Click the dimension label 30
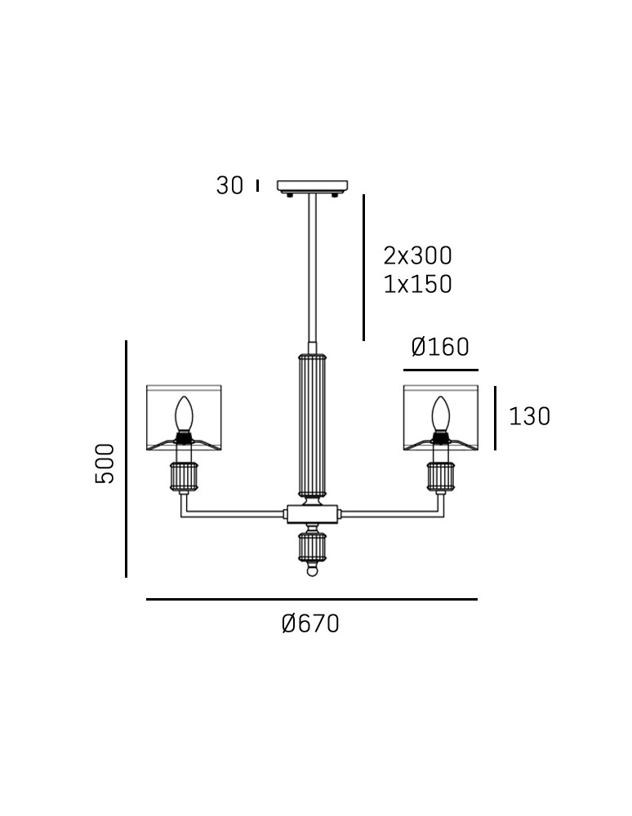tap(229, 186)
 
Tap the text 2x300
tap(417, 255)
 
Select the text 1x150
tap(417, 284)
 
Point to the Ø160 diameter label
tap(440, 347)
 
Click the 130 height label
tap(529, 416)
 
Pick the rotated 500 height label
tap(105, 463)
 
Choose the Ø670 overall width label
tap(311, 623)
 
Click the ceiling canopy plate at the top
tap(313, 186)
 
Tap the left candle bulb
tap(183, 415)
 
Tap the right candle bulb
tap(440, 415)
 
